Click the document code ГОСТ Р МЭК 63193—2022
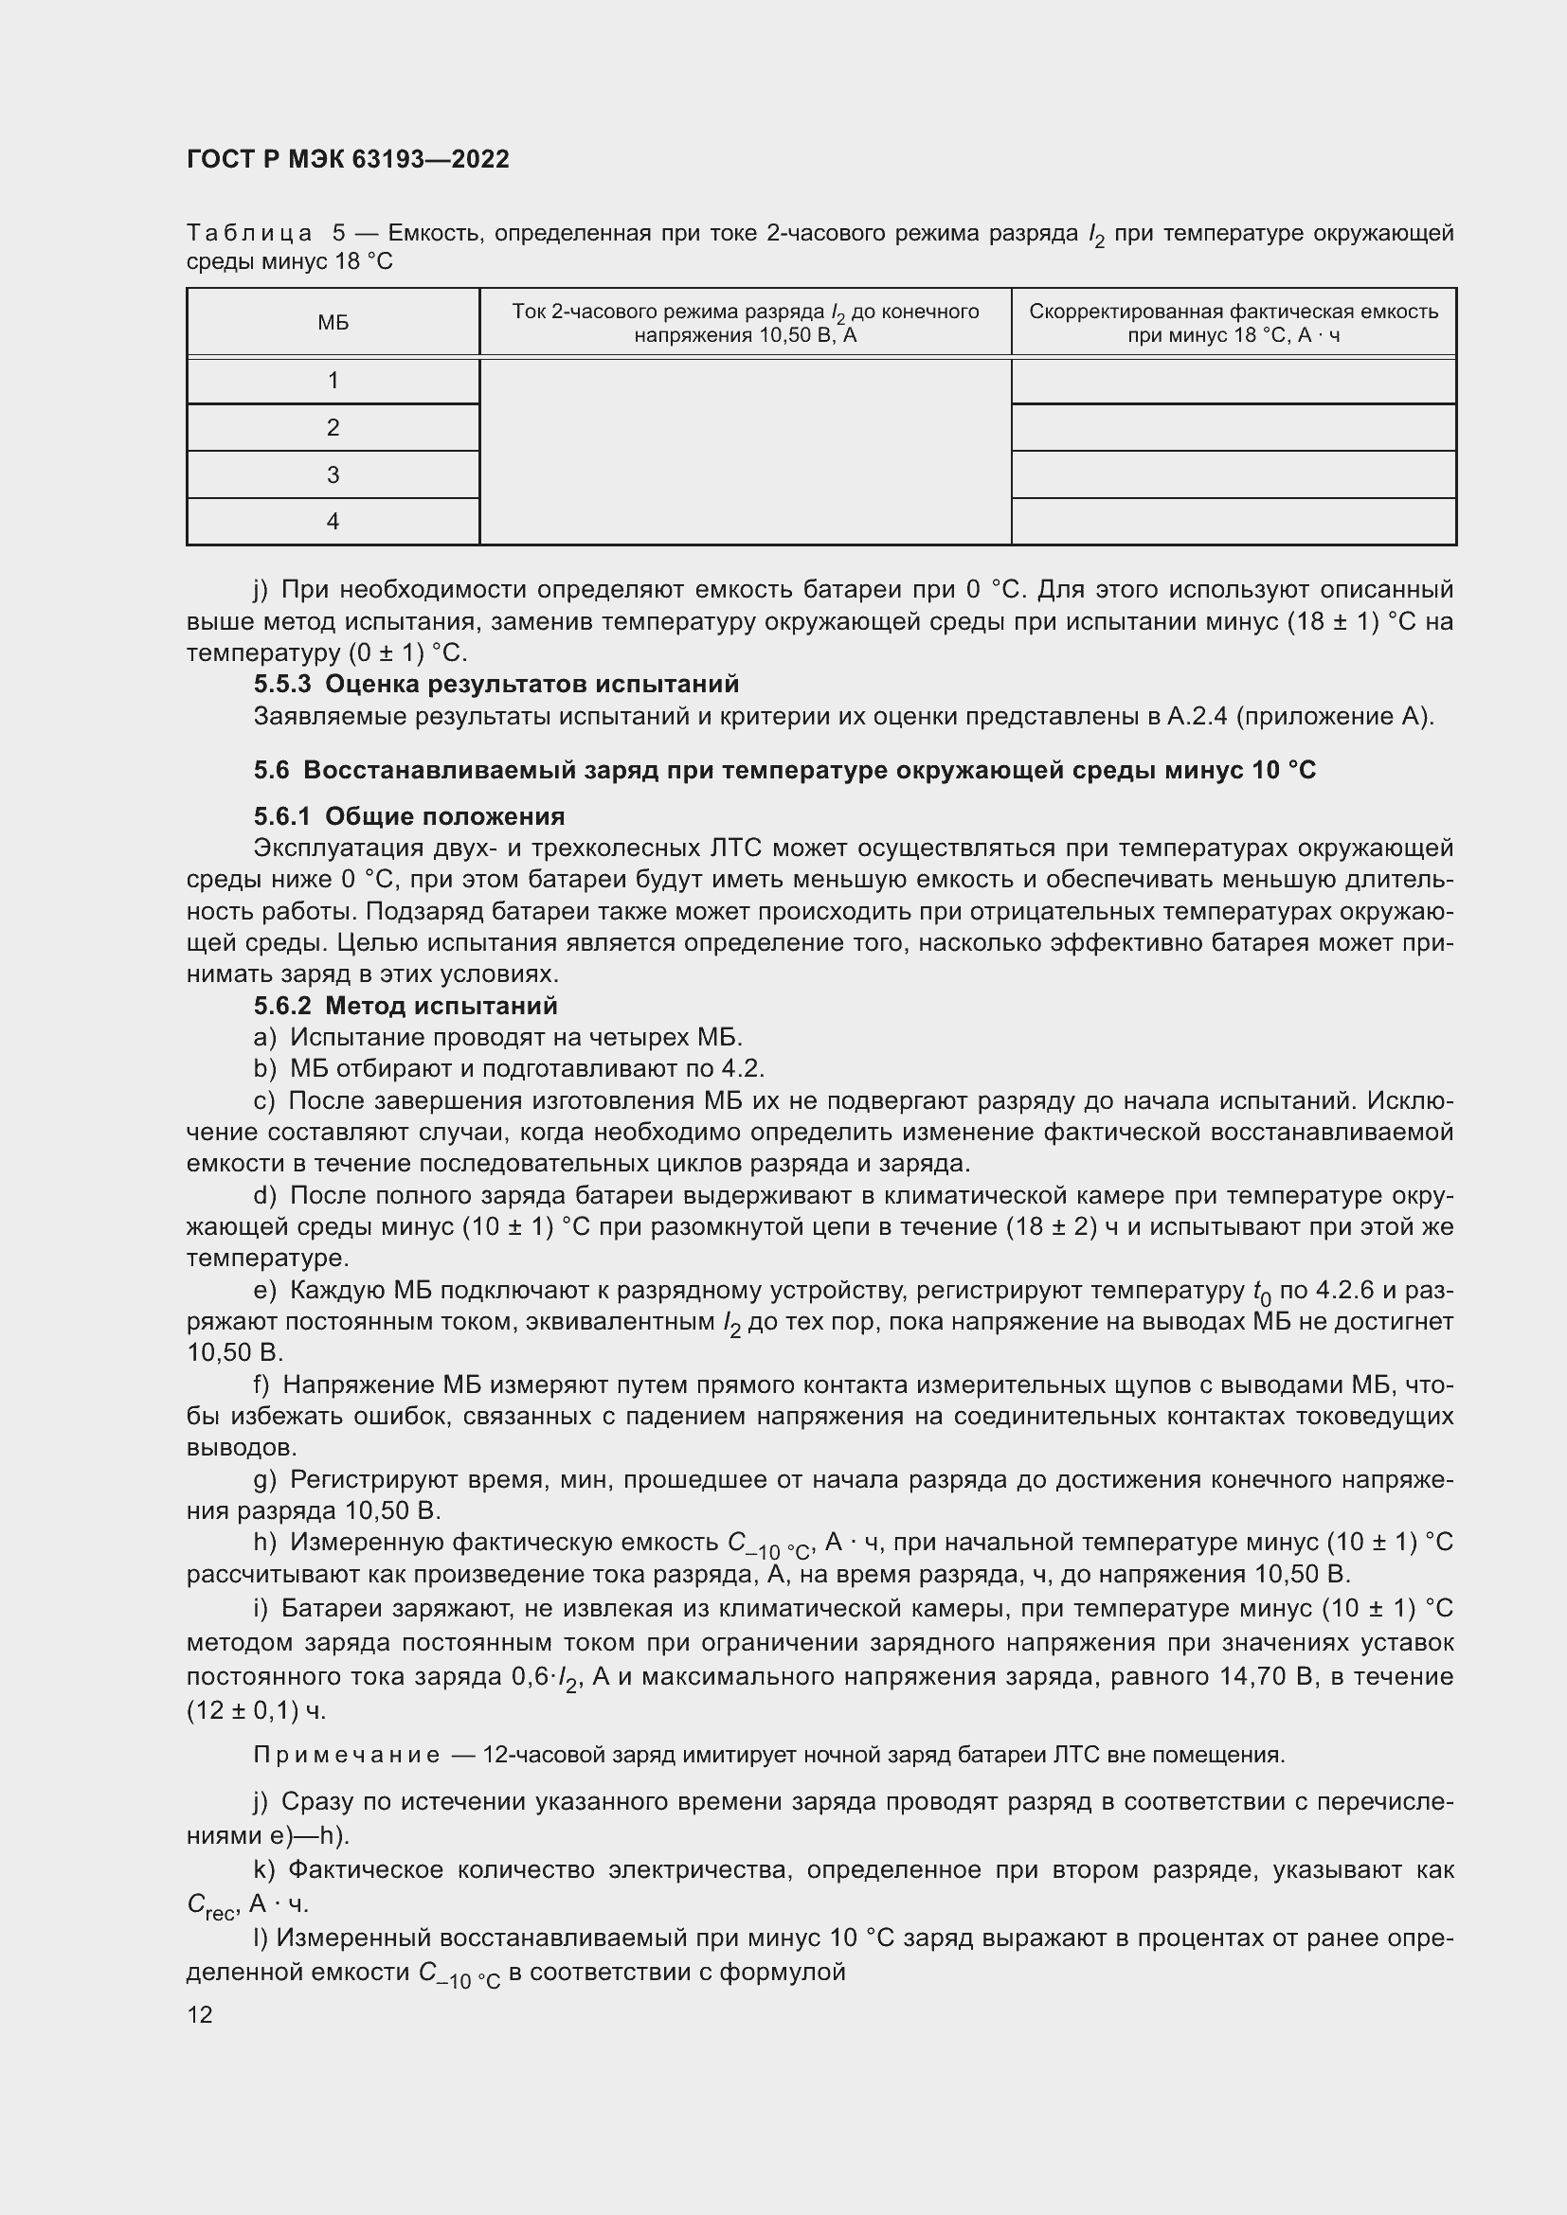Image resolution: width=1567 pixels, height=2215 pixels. click(x=348, y=159)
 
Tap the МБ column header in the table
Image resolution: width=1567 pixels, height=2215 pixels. click(x=333, y=322)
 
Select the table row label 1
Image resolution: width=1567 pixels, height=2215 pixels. click(x=333, y=380)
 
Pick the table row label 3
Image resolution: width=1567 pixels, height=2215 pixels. click(x=333, y=474)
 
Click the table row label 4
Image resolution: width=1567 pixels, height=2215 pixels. click(x=333, y=522)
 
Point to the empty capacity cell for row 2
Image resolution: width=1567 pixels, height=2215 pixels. click(x=1234, y=427)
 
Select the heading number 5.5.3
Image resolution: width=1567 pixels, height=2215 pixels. click(x=282, y=684)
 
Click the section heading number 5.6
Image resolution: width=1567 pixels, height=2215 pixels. click(x=271, y=770)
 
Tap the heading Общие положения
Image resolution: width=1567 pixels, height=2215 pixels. click(x=445, y=816)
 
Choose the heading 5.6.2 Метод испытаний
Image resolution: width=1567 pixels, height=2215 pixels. click(x=405, y=1006)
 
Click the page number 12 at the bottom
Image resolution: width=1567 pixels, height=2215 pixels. click(x=200, y=2014)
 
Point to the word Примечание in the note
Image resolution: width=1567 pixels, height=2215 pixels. click(x=347, y=1755)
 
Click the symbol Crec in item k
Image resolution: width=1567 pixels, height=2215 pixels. click(x=209, y=1903)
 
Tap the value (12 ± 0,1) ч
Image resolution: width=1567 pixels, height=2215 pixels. click(x=256, y=1710)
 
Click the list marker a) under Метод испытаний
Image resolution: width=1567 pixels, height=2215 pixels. click(x=264, y=1037)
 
